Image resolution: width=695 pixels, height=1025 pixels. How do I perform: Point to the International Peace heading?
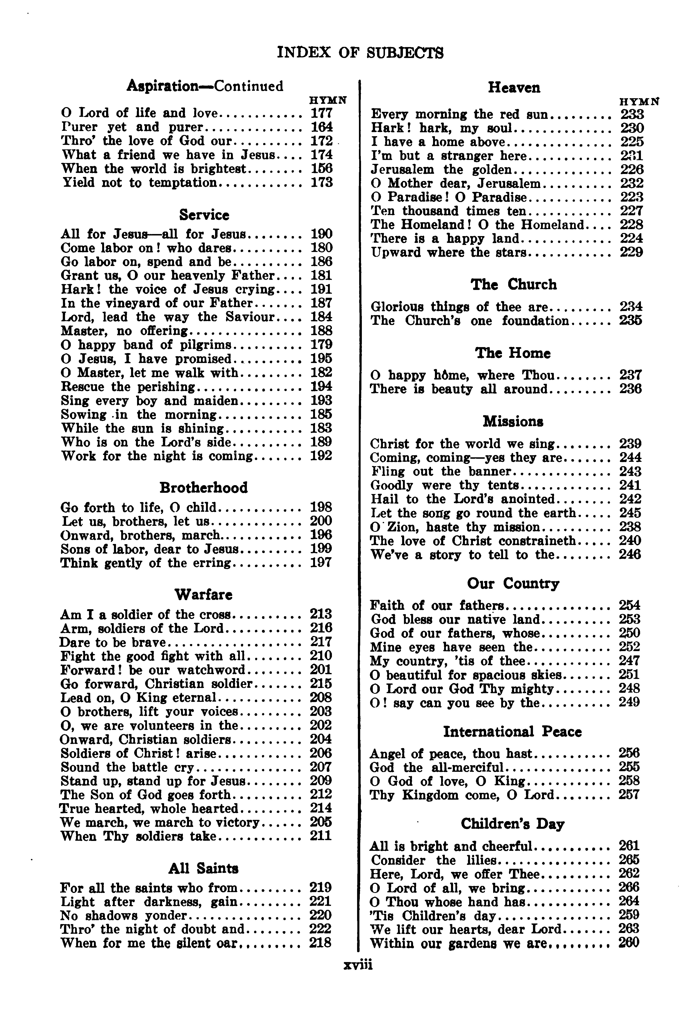click(512, 732)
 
